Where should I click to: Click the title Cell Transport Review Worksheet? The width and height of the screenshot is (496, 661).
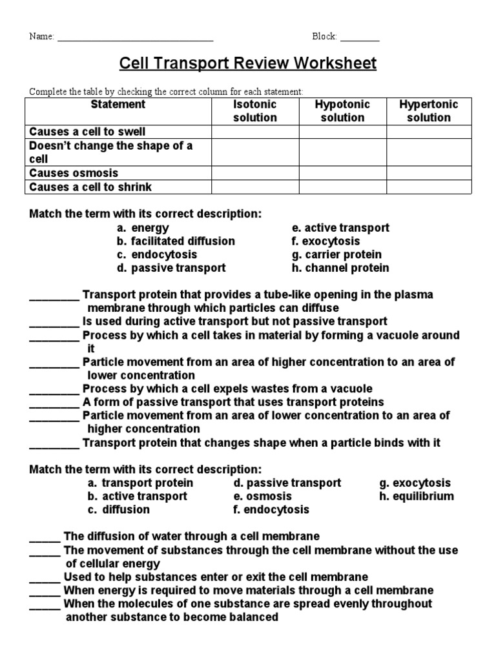click(248, 64)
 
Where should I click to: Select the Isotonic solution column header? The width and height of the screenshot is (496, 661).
click(255, 111)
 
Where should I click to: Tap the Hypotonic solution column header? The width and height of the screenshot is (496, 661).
click(342, 111)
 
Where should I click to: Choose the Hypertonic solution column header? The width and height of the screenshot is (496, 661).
click(429, 111)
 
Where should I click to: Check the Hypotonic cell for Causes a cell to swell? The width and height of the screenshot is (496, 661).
click(342, 132)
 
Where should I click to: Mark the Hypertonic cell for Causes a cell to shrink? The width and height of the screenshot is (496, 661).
click(429, 187)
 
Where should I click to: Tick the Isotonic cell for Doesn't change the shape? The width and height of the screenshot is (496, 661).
click(255, 152)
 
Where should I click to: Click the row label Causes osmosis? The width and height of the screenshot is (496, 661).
click(74, 173)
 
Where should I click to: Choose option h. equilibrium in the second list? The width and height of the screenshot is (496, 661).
click(417, 496)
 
